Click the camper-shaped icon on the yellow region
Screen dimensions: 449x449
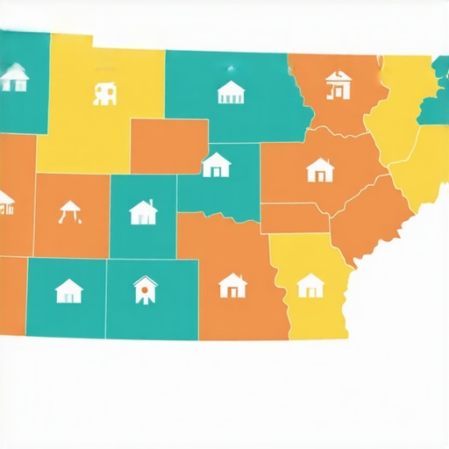105,92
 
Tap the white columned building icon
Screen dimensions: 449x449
230,91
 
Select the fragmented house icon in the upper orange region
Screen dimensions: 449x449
337,85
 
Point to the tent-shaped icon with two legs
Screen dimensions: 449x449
70,212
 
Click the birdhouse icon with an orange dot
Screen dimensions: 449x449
145,289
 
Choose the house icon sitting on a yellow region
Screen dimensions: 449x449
310,285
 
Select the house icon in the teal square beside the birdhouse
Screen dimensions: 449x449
68,290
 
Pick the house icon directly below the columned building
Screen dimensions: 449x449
216,164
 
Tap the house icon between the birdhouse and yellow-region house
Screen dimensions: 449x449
232,285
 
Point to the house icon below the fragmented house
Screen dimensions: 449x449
320,169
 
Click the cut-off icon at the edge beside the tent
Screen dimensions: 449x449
5,203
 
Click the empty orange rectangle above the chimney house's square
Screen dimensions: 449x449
169,146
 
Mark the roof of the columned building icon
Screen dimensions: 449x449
230,85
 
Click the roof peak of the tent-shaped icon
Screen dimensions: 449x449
70,204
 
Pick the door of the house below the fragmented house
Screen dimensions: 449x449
319,175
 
